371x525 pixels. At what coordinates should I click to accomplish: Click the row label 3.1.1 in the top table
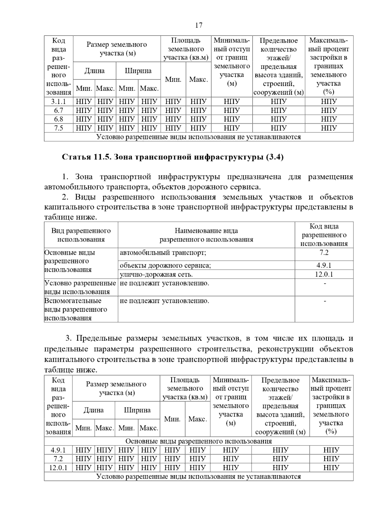[x=59, y=102]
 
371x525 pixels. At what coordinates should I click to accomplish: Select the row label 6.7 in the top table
[x=59, y=110]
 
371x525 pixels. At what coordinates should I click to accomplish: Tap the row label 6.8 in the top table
[x=59, y=119]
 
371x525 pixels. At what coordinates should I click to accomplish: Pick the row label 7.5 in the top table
[x=59, y=128]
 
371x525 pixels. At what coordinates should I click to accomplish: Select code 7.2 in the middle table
[x=324, y=253]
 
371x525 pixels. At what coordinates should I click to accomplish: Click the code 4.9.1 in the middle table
[x=324, y=265]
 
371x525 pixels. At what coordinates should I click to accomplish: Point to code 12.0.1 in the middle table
[x=324, y=274]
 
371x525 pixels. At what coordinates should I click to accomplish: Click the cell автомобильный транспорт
[x=163, y=253]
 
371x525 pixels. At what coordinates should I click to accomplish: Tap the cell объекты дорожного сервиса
[x=165, y=265]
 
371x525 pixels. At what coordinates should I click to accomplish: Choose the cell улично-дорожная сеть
[x=156, y=274]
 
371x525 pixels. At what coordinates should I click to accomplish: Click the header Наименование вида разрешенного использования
[x=206, y=235]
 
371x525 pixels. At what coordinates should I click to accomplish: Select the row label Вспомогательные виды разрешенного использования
[x=76, y=309]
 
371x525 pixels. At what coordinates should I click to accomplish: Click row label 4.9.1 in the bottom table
[x=58, y=450]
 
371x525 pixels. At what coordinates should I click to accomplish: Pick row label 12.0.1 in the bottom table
[x=58, y=468]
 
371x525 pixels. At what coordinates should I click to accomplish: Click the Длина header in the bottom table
[x=93, y=410]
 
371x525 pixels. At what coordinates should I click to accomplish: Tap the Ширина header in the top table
[x=138, y=71]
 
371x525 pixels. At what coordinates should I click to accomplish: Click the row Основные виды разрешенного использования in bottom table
[x=198, y=441]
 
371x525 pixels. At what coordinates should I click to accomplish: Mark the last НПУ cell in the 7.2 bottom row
[x=331, y=459]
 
